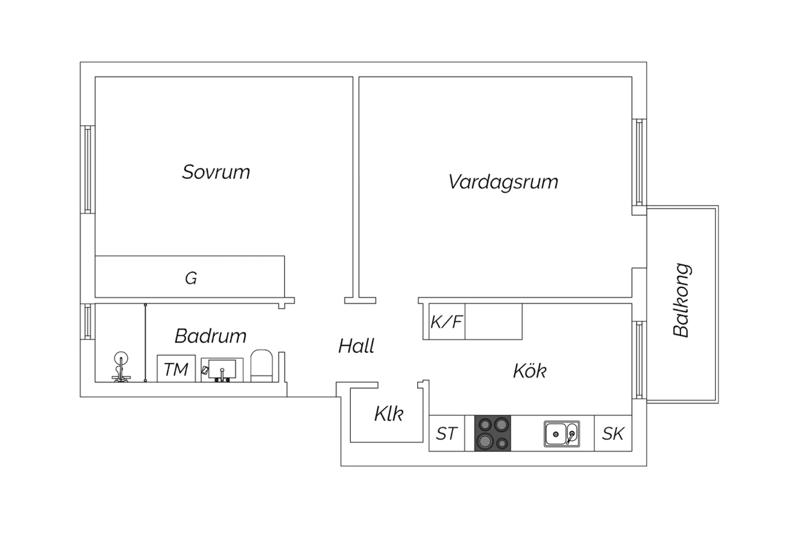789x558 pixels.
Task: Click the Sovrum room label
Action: pos(216,172)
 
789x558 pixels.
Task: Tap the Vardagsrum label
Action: pos(503,182)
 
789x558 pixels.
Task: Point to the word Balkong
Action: pos(682,300)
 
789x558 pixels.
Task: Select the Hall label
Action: pos(356,346)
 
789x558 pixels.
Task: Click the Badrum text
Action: pos(210,336)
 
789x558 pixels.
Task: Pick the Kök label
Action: pos(529,371)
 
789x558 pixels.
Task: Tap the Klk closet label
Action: pos(389,413)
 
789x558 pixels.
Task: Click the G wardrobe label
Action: pos(191,278)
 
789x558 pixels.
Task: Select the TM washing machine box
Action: pos(176,368)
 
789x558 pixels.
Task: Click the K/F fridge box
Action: pos(447,322)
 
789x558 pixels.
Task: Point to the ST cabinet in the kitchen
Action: pos(447,434)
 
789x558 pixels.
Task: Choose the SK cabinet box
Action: pos(613,434)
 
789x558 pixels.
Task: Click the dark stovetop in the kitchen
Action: pos(492,434)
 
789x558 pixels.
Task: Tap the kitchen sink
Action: pos(562,434)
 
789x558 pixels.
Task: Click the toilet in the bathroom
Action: pos(261,366)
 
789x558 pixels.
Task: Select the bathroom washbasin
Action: pos(222,370)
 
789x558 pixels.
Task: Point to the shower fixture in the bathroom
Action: pos(121,366)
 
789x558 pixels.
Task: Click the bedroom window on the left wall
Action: pos(88,170)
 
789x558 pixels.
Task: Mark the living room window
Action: pos(639,163)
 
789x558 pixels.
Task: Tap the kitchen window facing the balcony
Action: pos(639,360)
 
